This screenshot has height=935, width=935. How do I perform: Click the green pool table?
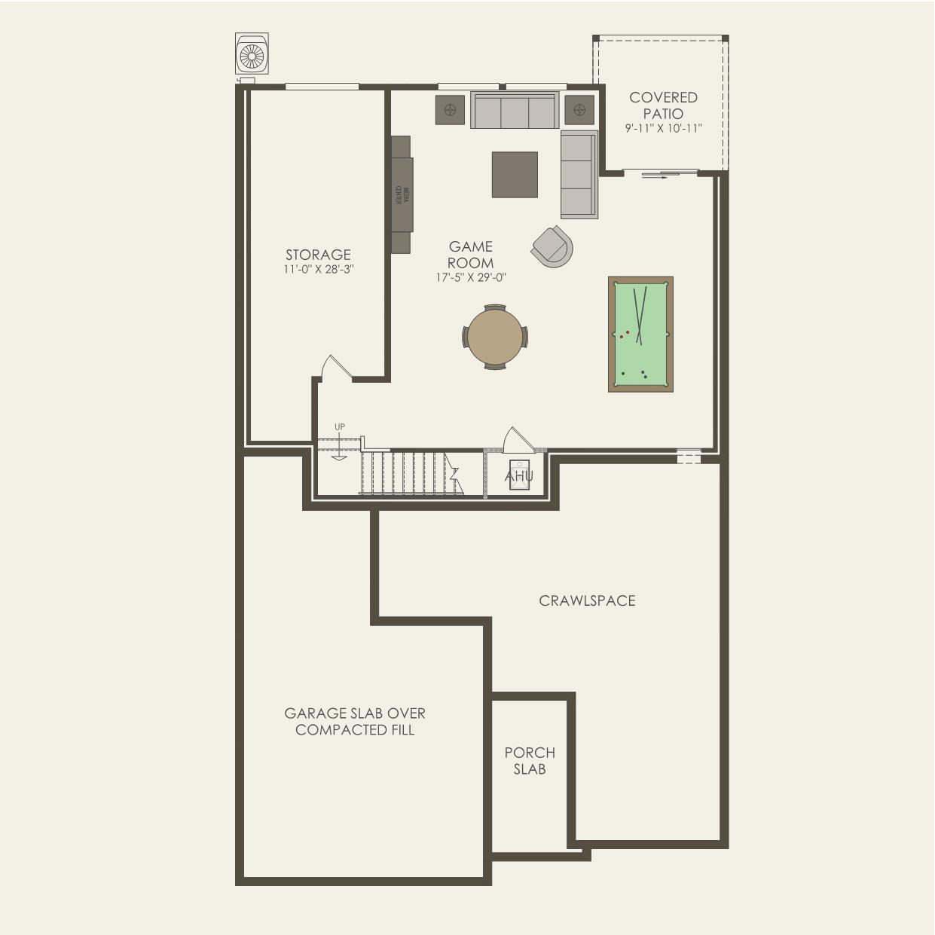(x=640, y=335)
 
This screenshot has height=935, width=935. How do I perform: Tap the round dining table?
(x=495, y=337)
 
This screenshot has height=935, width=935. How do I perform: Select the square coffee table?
(x=515, y=175)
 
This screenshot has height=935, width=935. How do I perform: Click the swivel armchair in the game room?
(x=553, y=246)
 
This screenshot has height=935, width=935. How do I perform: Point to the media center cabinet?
(x=402, y=194)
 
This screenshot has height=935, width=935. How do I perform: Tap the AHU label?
(x=519, y=476)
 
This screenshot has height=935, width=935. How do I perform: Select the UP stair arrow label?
(x=340, y=427)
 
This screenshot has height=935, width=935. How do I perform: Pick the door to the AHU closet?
(x=518, y=439)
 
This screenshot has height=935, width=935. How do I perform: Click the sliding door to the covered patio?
(x=660, y=172)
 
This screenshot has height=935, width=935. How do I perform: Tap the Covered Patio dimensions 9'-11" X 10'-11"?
(x=664, y=129)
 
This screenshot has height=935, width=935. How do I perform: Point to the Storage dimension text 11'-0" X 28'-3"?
(x=318, y=269)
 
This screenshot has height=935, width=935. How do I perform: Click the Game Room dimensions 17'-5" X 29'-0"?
(x=471, y=277)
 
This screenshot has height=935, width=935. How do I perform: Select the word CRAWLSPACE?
(x=587, y=600)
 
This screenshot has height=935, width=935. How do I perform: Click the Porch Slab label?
(x=530, y=760)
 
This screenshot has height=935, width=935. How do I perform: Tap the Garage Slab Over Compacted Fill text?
(x=355, y=722)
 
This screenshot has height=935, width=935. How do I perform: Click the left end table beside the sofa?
(x=451, y=110)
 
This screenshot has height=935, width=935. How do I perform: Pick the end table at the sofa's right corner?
(x=579, y=110)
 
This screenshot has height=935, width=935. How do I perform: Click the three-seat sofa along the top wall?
(x=515, y=111)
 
